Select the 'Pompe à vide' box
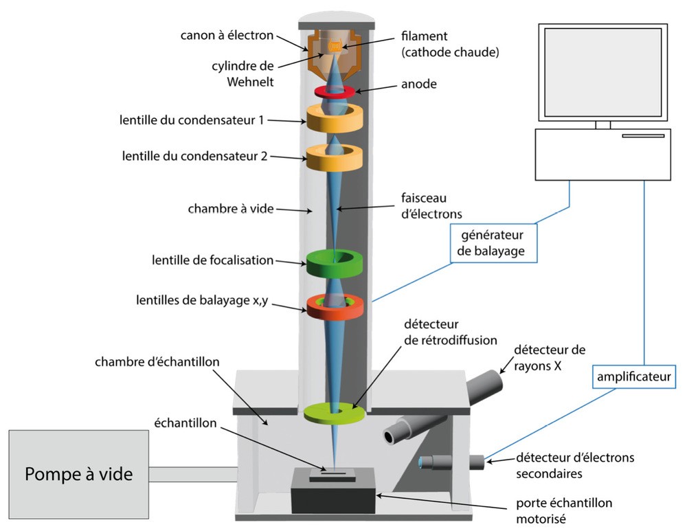pyautogui.click(x=79, y=473)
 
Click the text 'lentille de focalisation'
pyautogui.click(x=212, y=260)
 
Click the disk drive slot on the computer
pyautogui.click(x=642, y=136)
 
